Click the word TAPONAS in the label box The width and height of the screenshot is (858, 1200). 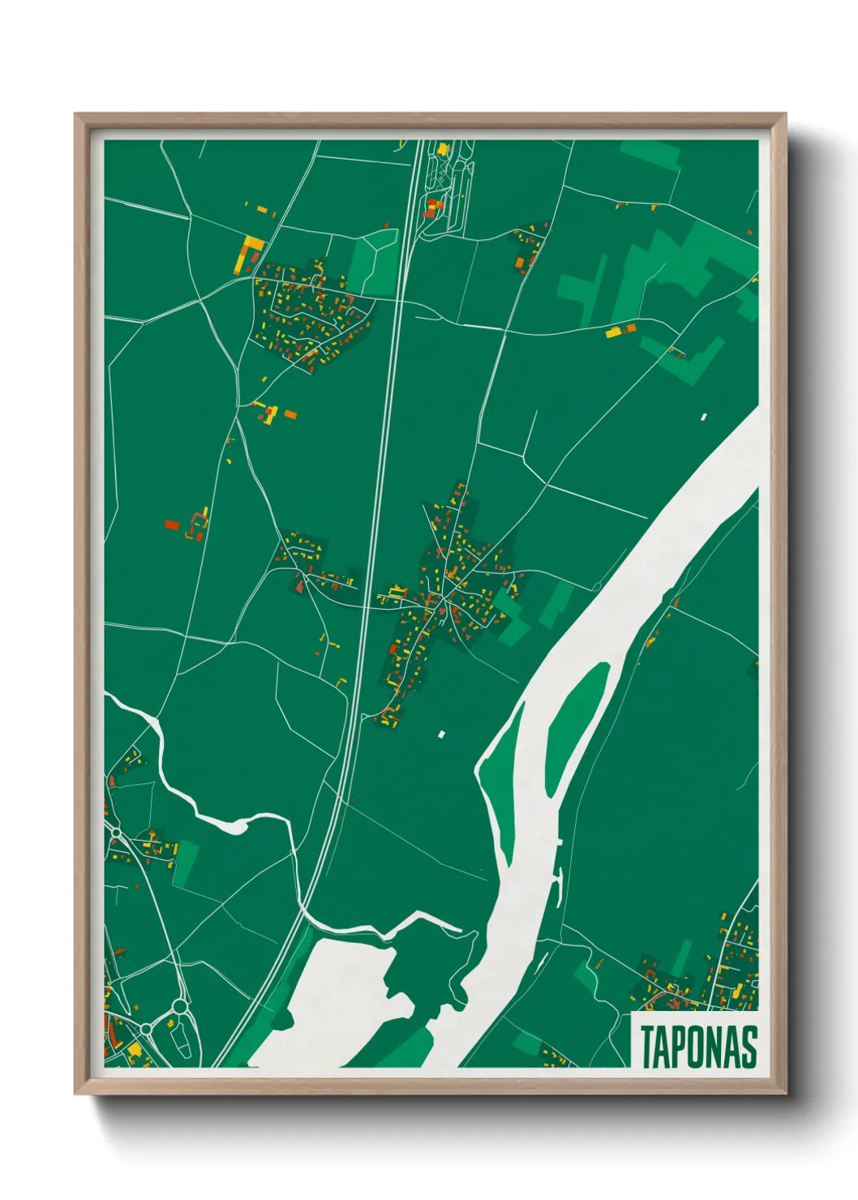[698, 1046]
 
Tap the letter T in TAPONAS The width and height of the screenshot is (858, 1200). [648, 1046]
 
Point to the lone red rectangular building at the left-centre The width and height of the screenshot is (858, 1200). [171, 525]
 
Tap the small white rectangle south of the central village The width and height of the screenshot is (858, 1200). [442, 735]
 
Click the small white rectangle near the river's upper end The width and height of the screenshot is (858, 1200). [704, 417]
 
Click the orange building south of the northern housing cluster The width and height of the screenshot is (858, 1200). [290, 415]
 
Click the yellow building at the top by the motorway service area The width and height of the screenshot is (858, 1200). [443, 149]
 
